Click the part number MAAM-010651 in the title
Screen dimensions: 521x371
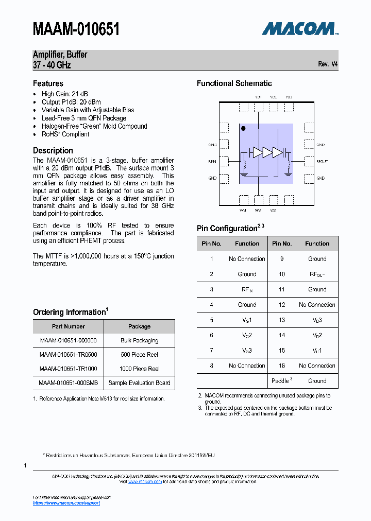[x=76, y=29]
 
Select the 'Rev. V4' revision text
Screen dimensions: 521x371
[x=328, y=64]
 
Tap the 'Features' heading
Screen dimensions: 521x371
[x=48, y=83]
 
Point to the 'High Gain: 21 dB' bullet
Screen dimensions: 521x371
[x=64, y=94]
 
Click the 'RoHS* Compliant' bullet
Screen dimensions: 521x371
[x=65, y=134]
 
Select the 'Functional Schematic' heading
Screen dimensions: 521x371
[x=234, y=83]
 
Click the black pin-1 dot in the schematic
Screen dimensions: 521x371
[x=244, y=129]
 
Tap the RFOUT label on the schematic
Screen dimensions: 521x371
[x=322, y=162]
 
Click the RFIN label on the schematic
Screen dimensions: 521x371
[x=212, y=162]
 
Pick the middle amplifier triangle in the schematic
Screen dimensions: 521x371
[x=267, y=152]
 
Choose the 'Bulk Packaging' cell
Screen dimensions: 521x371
[x=139, y=341]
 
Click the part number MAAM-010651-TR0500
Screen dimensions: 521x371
[x=68, y=355]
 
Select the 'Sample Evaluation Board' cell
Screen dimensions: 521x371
[x=139, y=383]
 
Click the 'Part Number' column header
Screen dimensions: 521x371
[x=68, y=326]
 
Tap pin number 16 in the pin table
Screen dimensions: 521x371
[x=282, y=366]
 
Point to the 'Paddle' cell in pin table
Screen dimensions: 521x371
[x=281, y=381]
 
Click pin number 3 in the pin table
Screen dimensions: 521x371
[x=211, y=289]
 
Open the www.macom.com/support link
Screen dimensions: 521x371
[x=66, y=503]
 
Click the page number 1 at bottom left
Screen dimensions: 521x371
[x=25, y=465]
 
